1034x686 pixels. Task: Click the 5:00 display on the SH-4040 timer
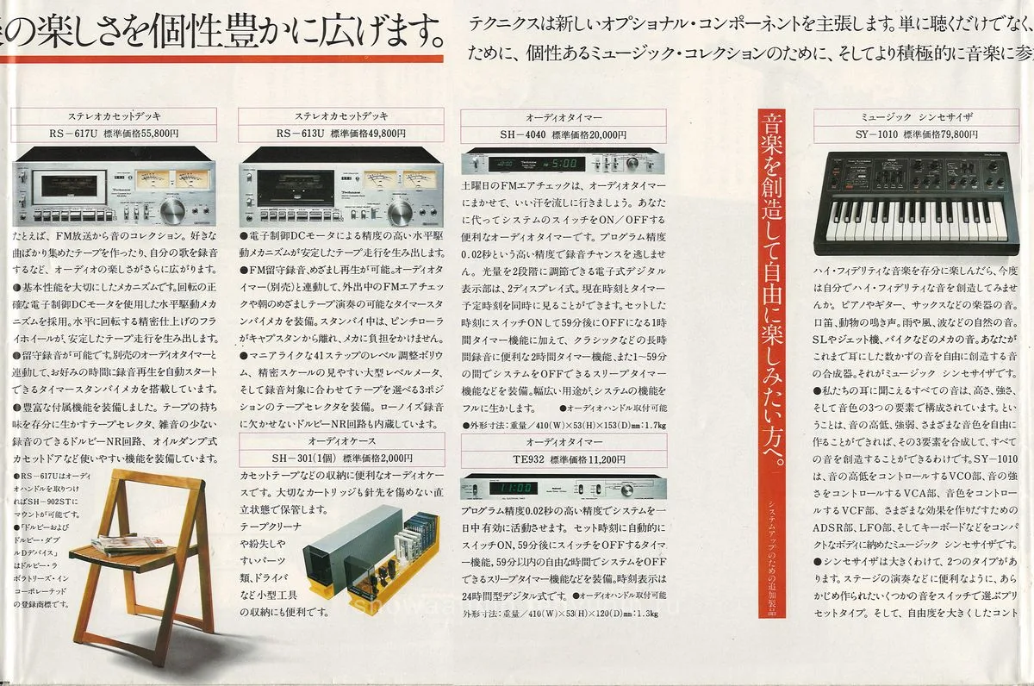565,163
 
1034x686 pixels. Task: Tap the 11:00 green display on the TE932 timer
513,489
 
